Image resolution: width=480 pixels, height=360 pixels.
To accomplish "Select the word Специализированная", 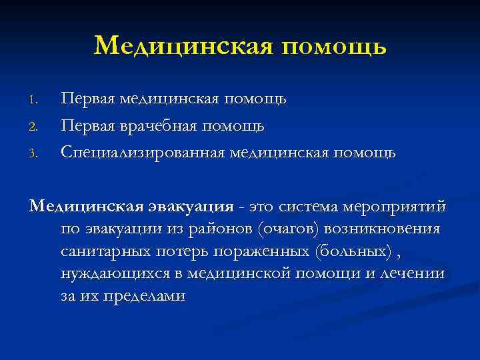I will click(143, 153).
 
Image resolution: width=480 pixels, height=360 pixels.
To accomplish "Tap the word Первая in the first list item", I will click(87, 99).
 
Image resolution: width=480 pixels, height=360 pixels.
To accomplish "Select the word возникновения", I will click(383, 229).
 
